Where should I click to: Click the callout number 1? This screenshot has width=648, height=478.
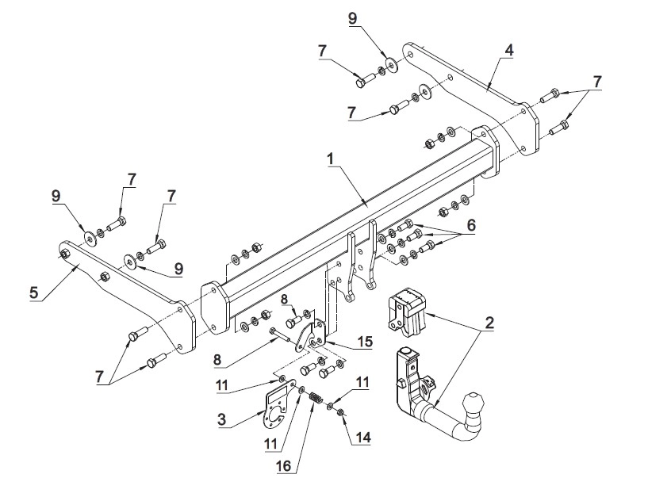[330, 159]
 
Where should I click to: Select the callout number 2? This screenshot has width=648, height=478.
[489, 323]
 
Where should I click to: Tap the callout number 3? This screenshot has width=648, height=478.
[222, 419]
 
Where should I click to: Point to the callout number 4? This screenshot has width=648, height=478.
[508, 51]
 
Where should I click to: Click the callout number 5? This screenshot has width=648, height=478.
[33, 293]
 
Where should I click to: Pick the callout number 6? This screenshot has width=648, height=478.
[471, 225]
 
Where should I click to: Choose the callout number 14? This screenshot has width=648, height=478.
[364, 437]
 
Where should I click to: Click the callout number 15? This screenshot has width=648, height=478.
[366, 341]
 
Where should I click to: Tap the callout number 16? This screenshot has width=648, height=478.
[283, 465]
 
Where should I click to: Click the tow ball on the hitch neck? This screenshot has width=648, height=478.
[474, 403]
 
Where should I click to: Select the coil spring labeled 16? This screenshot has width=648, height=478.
[316, 398]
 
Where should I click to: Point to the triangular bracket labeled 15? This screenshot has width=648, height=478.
[311, 335]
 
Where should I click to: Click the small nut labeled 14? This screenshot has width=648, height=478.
[341, 412]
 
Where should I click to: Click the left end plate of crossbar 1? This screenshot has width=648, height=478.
[215, 308]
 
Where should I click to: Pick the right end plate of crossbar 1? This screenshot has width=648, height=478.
[485, 152]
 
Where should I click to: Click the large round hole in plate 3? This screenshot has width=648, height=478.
[275, 414]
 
